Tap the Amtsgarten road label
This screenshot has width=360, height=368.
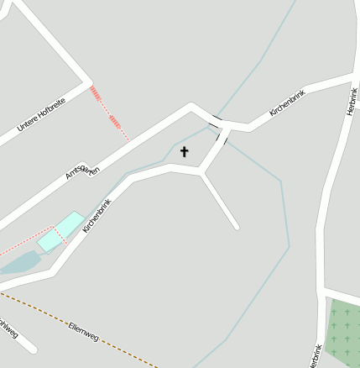pyautogui.click(x=82, y=172)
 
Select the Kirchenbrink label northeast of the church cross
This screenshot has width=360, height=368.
pyautogui.click(x=286, y=103)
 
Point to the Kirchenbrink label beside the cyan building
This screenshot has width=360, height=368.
pyautogui.click(x=98, y=215)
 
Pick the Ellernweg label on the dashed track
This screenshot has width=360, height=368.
pyautogui.click(x=84, y=331)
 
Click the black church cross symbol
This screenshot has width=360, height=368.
pyautogui.click(x=184, y=152)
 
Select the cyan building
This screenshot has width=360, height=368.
pyautogui.click(x=60, y=232)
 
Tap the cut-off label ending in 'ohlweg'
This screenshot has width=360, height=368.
pyautogui.click(x=8, y=329)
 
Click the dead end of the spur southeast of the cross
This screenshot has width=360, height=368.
pyautogui.click(x=236, y=225)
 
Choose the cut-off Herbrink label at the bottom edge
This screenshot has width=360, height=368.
pyautogui.click(x=315, y=356)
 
